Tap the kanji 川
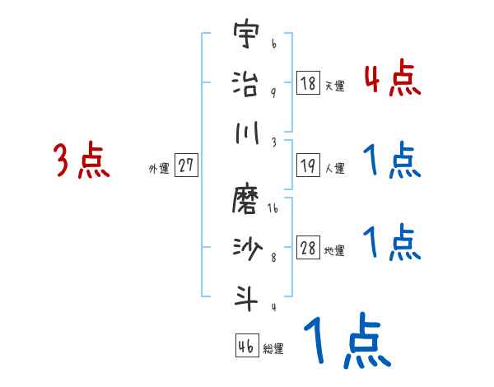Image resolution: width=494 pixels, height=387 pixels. pyautogui.click(x=245, y=132)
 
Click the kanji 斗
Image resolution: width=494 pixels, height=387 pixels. pyautogui.click(x=245, y=294)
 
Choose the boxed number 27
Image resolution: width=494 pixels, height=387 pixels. pyautogui.click(x=186, y=165)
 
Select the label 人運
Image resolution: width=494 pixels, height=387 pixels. pyautogui.click(x=334, y=168)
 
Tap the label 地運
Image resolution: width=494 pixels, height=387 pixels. pyautogui.click(x=334, y=250)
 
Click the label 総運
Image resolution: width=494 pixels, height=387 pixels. pyautogui.click(x=273, y=348)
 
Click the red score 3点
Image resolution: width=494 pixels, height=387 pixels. pyautogui.click(x=82, y=161)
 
